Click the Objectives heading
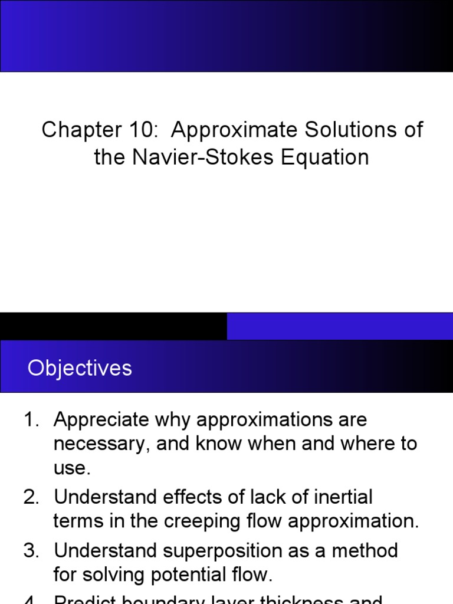(80, 369)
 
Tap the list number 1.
(30, 421)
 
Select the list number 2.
(30, 497)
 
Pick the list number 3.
(30, 551)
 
